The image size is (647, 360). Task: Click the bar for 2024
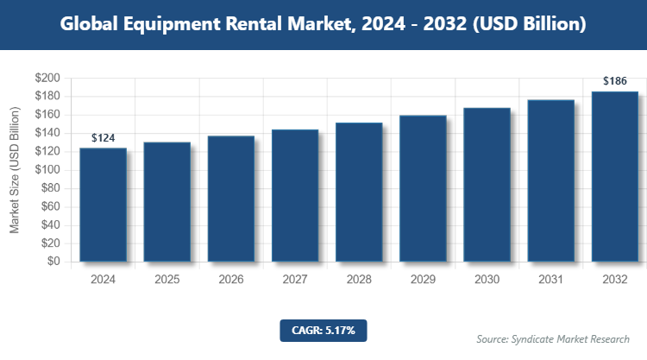[104, 205]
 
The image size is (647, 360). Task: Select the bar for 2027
[295, 195]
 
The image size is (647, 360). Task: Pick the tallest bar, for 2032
[615, 176]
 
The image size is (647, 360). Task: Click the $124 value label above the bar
[104, 138]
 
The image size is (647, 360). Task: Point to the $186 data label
[615, 81]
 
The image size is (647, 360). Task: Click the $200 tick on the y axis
[47, 78]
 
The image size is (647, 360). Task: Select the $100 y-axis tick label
[47, 170]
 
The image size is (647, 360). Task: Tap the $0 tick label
[53, 262]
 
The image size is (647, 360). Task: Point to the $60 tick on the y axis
[50, 206]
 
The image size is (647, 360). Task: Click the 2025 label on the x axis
[167, 280]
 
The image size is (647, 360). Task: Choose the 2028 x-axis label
[359, 280]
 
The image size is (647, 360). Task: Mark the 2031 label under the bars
[550, 280]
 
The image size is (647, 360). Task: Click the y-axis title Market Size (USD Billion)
[15, 170]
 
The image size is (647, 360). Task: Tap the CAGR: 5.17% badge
[323, 330]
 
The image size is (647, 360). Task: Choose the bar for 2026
[231, 199]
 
